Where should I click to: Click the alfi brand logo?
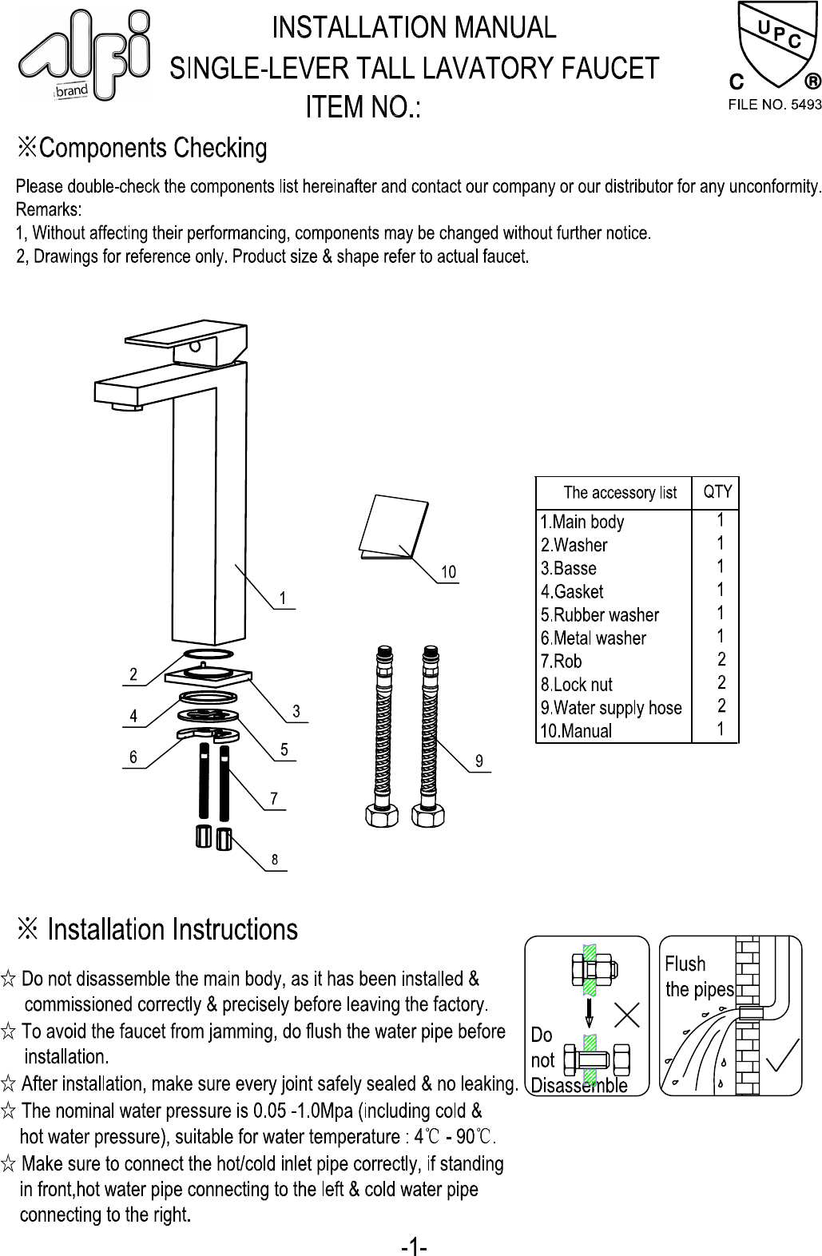84,54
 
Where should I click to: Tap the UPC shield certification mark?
773,46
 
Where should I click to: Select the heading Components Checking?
153,149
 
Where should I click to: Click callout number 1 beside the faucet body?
283,598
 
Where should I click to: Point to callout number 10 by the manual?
448,572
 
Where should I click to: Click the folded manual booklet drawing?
393,527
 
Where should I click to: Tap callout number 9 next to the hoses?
479,761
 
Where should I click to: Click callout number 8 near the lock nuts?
275,860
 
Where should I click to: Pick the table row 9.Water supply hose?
611,708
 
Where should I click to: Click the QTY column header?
717,492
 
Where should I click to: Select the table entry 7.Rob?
562,662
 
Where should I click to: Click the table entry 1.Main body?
582,523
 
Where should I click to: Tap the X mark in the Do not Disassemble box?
627,1015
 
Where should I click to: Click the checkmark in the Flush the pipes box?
782,1056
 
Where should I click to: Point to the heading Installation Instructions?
172,930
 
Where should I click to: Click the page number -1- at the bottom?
414,1246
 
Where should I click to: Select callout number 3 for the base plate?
296,711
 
